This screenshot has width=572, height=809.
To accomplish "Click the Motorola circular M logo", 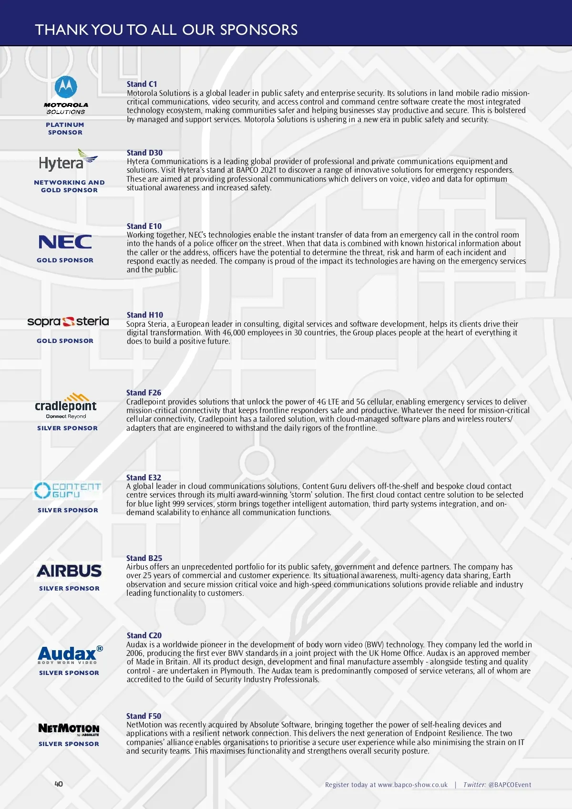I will click(66, 87).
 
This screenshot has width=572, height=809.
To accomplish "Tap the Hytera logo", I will click(68, 161).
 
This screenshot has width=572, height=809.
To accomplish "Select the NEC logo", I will click(65, 242).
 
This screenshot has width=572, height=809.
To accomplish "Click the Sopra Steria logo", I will click(68, 322).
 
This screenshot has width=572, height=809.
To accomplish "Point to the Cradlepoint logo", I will click(66, 406).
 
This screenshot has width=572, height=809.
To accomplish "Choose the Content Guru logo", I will click(68, 490).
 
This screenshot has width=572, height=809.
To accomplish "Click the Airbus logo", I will click(69, 571).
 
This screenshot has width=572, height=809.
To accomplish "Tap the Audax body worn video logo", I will click(70, 654).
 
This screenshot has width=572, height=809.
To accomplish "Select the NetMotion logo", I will click(69, 729).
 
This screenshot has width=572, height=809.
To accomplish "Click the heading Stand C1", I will click(142, 84).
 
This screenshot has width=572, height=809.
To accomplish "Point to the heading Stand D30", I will click(144, 153).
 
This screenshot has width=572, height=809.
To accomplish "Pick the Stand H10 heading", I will click(144, 315).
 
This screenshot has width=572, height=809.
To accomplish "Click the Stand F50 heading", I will click(143, 716).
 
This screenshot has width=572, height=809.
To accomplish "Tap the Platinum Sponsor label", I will click(65, 128).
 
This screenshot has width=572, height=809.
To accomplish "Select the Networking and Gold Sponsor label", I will click(69, 186).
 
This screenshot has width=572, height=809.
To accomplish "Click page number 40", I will click(59, 784).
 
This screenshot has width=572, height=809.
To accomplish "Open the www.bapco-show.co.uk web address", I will click(413, 785).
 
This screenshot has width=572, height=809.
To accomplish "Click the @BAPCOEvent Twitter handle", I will click(510, 785).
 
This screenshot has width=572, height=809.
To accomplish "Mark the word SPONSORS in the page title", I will click(259, 30).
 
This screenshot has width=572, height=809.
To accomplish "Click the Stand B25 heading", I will click(144, 558).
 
